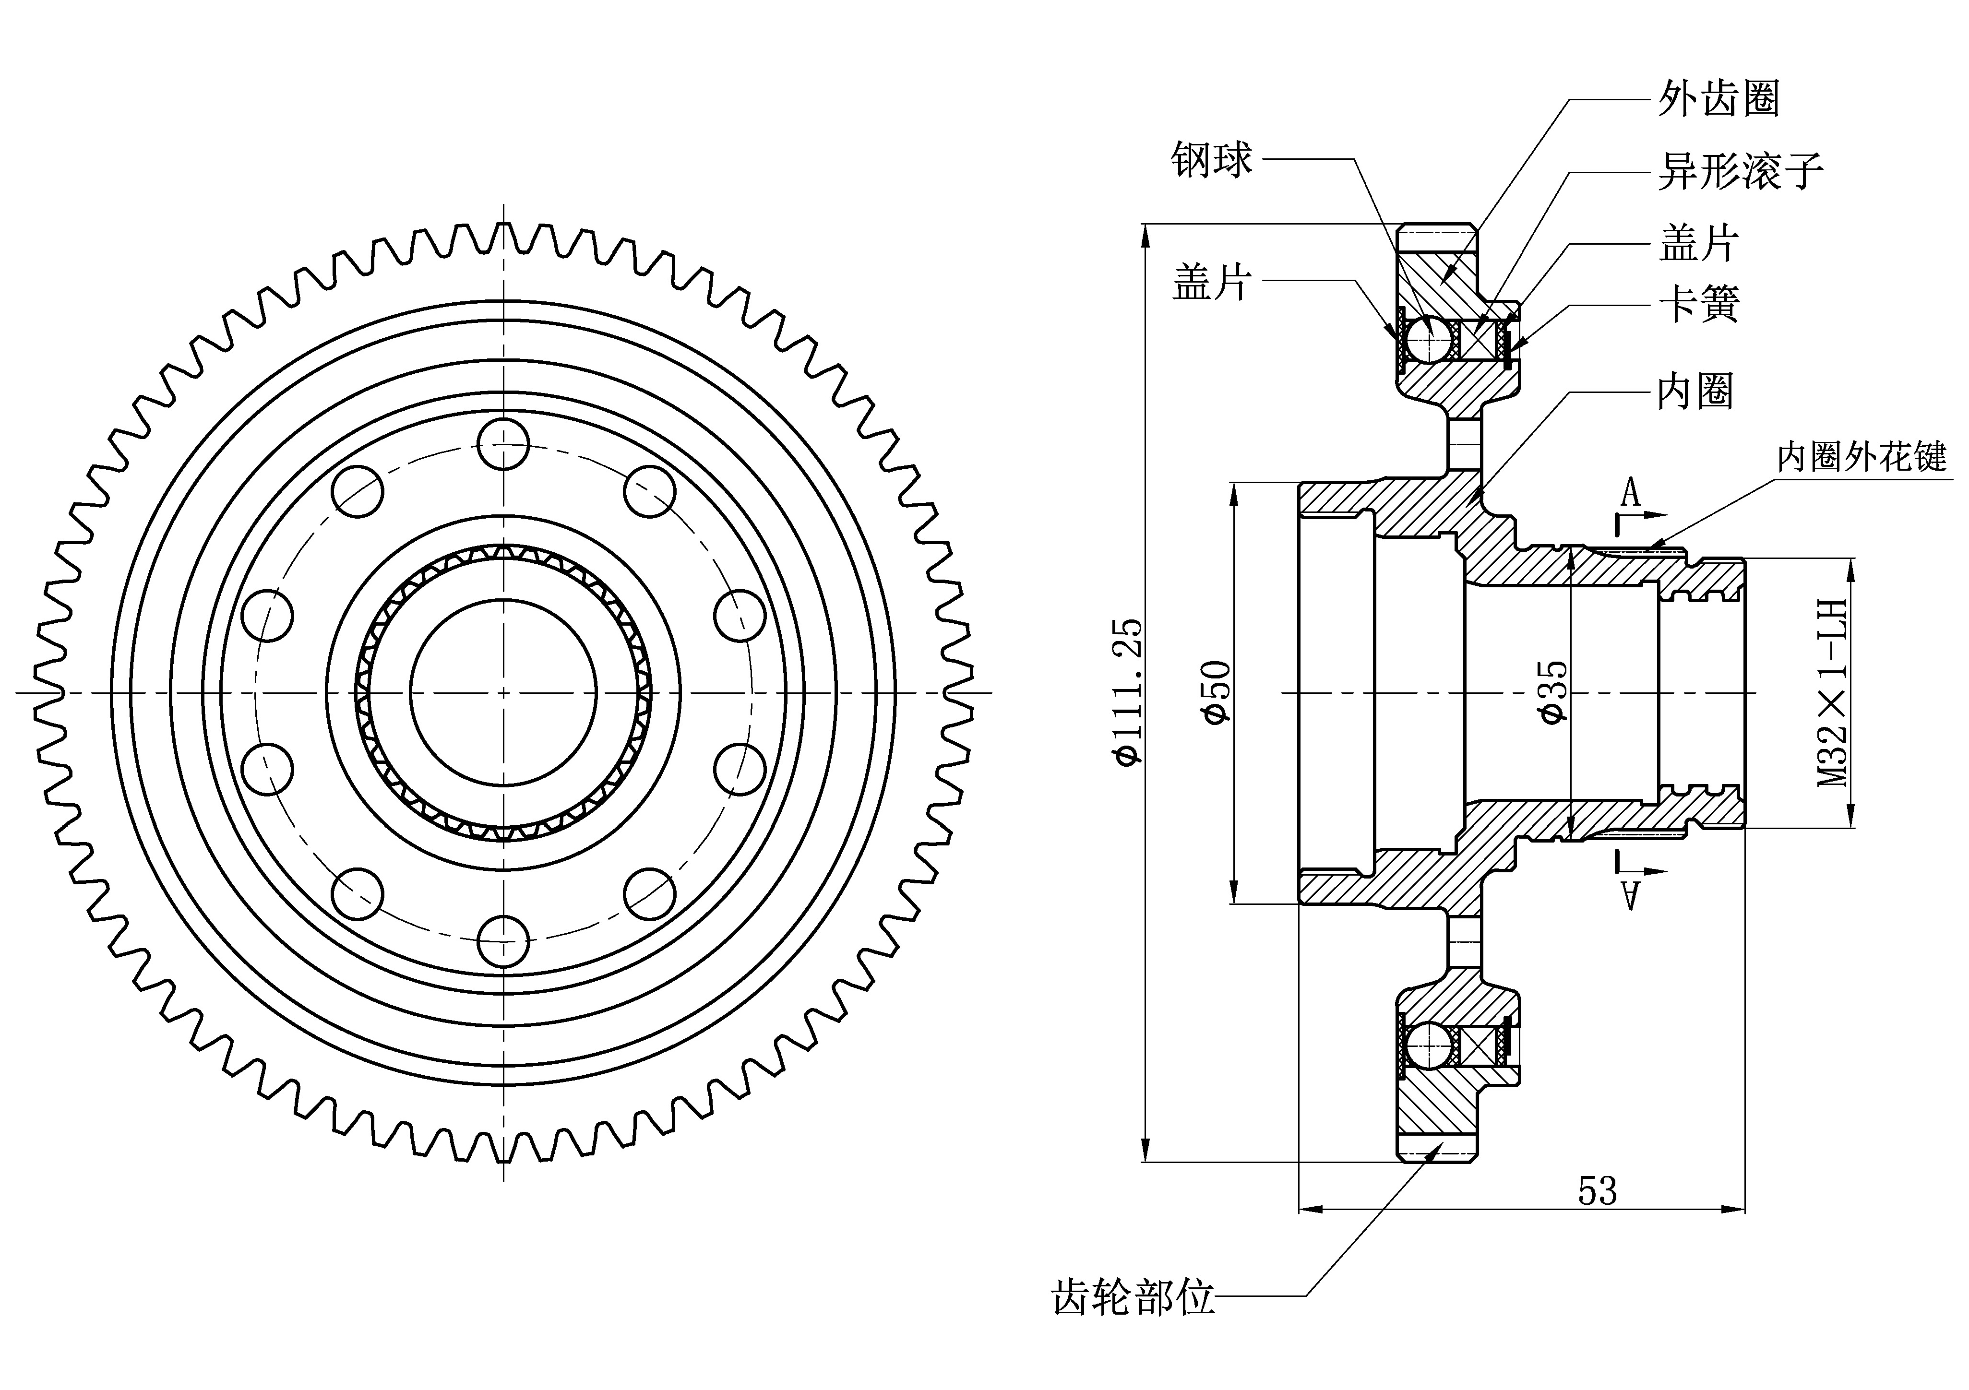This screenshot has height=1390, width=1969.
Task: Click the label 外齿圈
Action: click(x=1718, y=99)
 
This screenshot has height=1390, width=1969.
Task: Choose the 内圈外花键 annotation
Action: click(x=1861, y=457)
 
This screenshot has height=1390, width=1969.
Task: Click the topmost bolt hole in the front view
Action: click(x=503, y=444)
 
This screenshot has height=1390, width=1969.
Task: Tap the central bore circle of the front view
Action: click(x=503, y=692)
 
